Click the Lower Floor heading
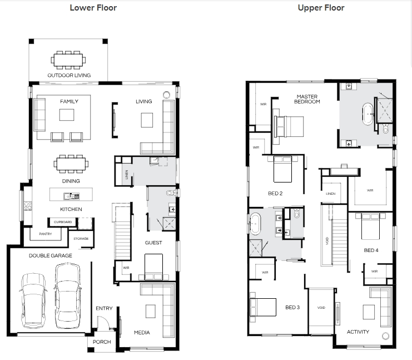[93, 8]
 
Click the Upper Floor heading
[321, 8]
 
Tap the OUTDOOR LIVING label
[69, 76]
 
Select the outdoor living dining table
[68, 60]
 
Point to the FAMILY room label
[69, 101]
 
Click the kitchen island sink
[71, 196]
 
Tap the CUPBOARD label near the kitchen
[63, 222]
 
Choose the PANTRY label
[46, 234]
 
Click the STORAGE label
[81, 239]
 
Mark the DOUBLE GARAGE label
[51, 255]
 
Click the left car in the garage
[33, 300]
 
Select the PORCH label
[102, 342]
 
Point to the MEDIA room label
[142, 333]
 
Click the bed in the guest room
[153, 267]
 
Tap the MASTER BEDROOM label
[307, 99]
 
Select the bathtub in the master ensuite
[368, 114]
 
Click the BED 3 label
[292, 307]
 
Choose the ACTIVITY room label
[358, 332]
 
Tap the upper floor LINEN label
[331, 194]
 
